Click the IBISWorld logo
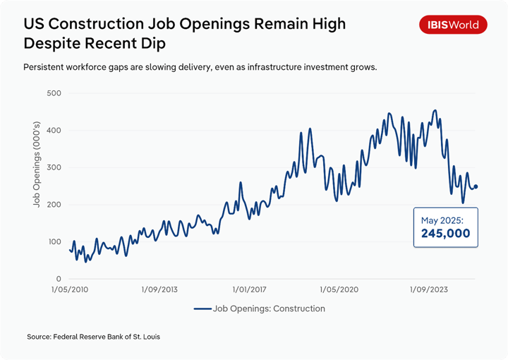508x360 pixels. (454, 25)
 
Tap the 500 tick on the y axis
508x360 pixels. (54, 93)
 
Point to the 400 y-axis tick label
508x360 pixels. (54, 131)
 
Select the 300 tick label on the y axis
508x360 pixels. (54, 168)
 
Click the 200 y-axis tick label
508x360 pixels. (54, 205)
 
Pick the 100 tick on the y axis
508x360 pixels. (54, 242)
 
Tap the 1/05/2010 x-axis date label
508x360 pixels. (71, 290)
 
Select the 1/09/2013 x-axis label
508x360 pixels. (160, 290)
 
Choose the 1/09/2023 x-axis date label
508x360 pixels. (430, 290)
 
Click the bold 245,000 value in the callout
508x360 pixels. (445, 234)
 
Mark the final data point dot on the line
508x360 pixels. (476, 186)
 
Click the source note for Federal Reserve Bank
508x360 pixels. (94, 337)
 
